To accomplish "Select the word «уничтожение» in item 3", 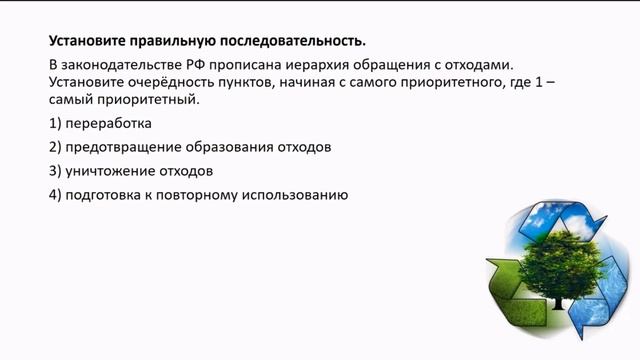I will (105, 171).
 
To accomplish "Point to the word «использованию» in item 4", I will (299, 195).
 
